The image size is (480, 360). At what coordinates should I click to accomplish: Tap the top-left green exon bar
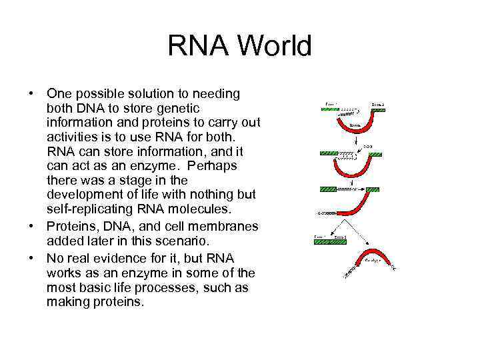[330, 109]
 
